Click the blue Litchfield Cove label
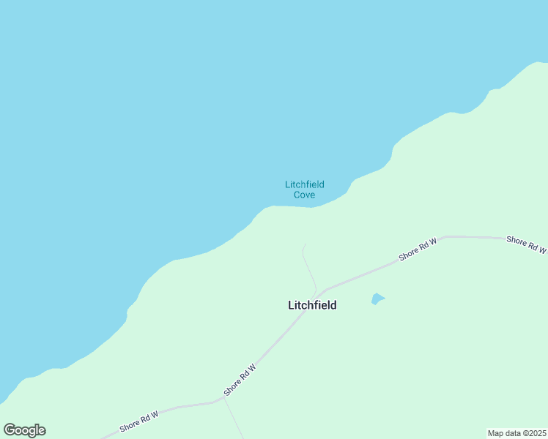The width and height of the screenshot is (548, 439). pyautogui.click(x=305, y=190)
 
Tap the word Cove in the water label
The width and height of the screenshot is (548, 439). pyautogui.click(x=305, y=195)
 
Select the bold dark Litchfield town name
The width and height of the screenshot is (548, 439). pyautogui.click(x=312, y=306)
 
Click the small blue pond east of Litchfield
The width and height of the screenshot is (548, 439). pyautogui.click(x=377, y=299)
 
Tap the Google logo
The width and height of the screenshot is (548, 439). pyautogui.click(x=24, y=430)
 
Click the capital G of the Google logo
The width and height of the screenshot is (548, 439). pyautogui.click(x=10, y=429)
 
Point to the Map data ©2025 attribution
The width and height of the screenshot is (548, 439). pyautogui.click(x=516, y=432)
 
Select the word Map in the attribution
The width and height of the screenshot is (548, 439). pyautogui.click(x=496, y=432)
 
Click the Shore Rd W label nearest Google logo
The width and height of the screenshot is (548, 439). pyautogui.click(x=139, y=421)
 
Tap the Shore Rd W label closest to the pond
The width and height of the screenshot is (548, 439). pyautogui.click(x=418, y=249)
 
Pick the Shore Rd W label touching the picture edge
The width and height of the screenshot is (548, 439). pyautogui.click(x=527, y=244)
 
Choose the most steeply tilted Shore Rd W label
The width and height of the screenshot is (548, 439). pyautogui.click(x=241, y=380)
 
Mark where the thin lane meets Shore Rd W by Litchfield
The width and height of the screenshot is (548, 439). pyautogui.click(x=316, y=293)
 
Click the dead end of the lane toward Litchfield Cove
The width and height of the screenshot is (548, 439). pyautogui.click(x=305, y=244)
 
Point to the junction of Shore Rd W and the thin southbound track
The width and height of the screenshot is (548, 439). pyautogui.click(x=223, y=399)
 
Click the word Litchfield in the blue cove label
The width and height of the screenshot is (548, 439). pyautogui.click(x=305, y=184)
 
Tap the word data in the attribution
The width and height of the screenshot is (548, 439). pyautogui.click(x=512, y=432)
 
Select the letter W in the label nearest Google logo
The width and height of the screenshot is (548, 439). pyautogui.click(x=156, y=416)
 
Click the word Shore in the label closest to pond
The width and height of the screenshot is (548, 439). pyautogui.click(x=407, y=254)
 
